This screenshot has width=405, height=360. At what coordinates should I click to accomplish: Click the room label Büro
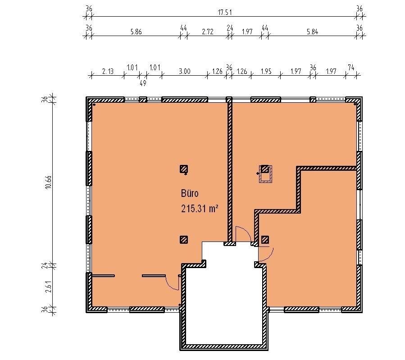tap(190, 193)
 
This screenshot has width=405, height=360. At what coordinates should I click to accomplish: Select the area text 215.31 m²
tap(200, 209)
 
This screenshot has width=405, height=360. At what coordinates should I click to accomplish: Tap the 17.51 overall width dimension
tap(225, 12)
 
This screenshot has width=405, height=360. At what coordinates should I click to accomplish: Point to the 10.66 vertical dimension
tap(49, 182)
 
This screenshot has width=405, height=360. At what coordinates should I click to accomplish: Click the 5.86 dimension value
tap(136, 32)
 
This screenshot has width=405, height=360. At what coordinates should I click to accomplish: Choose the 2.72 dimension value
tap(208, 32)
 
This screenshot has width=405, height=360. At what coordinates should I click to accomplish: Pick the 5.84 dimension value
tap(312, 32)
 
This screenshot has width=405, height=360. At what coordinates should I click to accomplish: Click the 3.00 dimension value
tap(185, 71)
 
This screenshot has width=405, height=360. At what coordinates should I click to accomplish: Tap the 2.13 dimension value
tap(108, 71)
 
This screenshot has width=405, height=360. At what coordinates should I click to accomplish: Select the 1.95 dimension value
tap(266, 71)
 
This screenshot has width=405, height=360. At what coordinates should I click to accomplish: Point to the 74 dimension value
tap(351, 68)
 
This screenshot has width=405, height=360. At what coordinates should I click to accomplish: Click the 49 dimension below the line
tap(143, 83)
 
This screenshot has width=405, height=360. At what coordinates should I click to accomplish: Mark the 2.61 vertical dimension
tap(49, 287)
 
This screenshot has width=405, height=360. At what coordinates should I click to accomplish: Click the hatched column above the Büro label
tap(184, 169)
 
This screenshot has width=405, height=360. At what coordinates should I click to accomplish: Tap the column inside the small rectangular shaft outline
tap(264, 169)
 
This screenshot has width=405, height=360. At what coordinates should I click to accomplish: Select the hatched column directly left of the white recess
tap(184, 240)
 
